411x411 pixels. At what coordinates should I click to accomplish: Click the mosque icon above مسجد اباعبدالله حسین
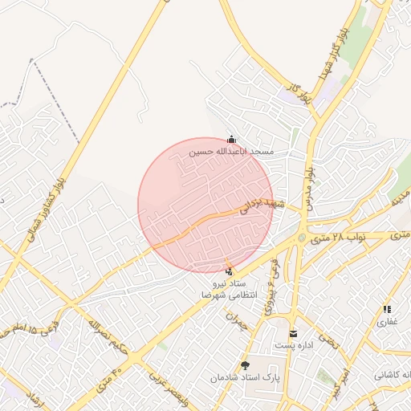coord(232,139)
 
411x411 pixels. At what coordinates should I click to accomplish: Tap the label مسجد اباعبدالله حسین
coord(232,151)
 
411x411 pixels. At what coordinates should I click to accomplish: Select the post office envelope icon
coord(292,333)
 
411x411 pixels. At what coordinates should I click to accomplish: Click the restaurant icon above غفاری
coord(387,309)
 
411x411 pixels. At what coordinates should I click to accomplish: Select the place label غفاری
coord(387,321)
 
